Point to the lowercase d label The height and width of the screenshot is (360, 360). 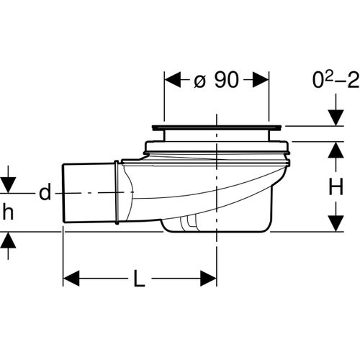[x=45, y=192]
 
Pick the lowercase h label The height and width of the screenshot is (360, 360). [x=8, y=212]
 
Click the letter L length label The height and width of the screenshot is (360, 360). [x=140, y=278]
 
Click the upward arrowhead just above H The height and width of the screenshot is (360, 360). [x=336, y=150]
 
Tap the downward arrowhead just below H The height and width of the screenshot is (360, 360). [x=336, y=222]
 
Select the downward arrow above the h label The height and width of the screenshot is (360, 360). [x=8, y=184]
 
